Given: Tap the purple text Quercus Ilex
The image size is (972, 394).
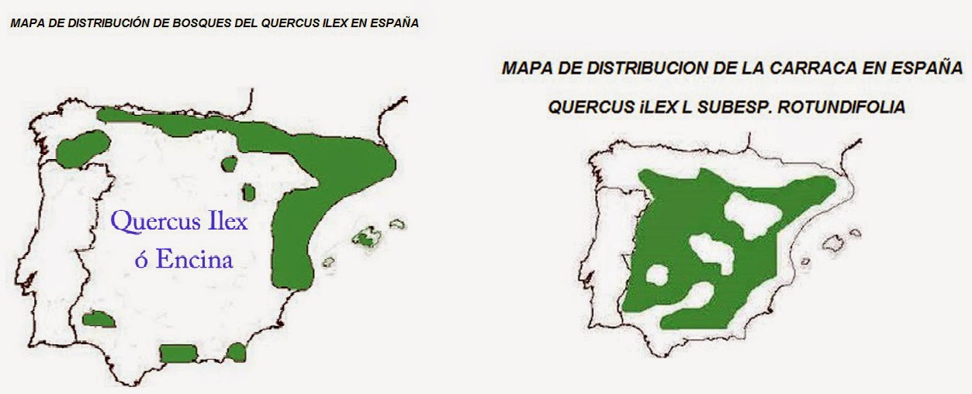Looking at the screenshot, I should pyautogui.click(x=179, y=222).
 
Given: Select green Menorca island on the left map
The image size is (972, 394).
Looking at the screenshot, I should pyautogui.click(x=397, y=224).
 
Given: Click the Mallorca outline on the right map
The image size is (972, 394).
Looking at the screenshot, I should pyautogui.click(x=835, y=243).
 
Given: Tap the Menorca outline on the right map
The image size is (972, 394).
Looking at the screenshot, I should pyautogui.click(x=855, y=232).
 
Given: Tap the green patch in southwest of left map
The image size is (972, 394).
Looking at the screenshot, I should pyautogui.click(x=99, y=319).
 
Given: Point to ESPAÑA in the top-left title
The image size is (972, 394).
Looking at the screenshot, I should pyautogui.click(x=395, y=23).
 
